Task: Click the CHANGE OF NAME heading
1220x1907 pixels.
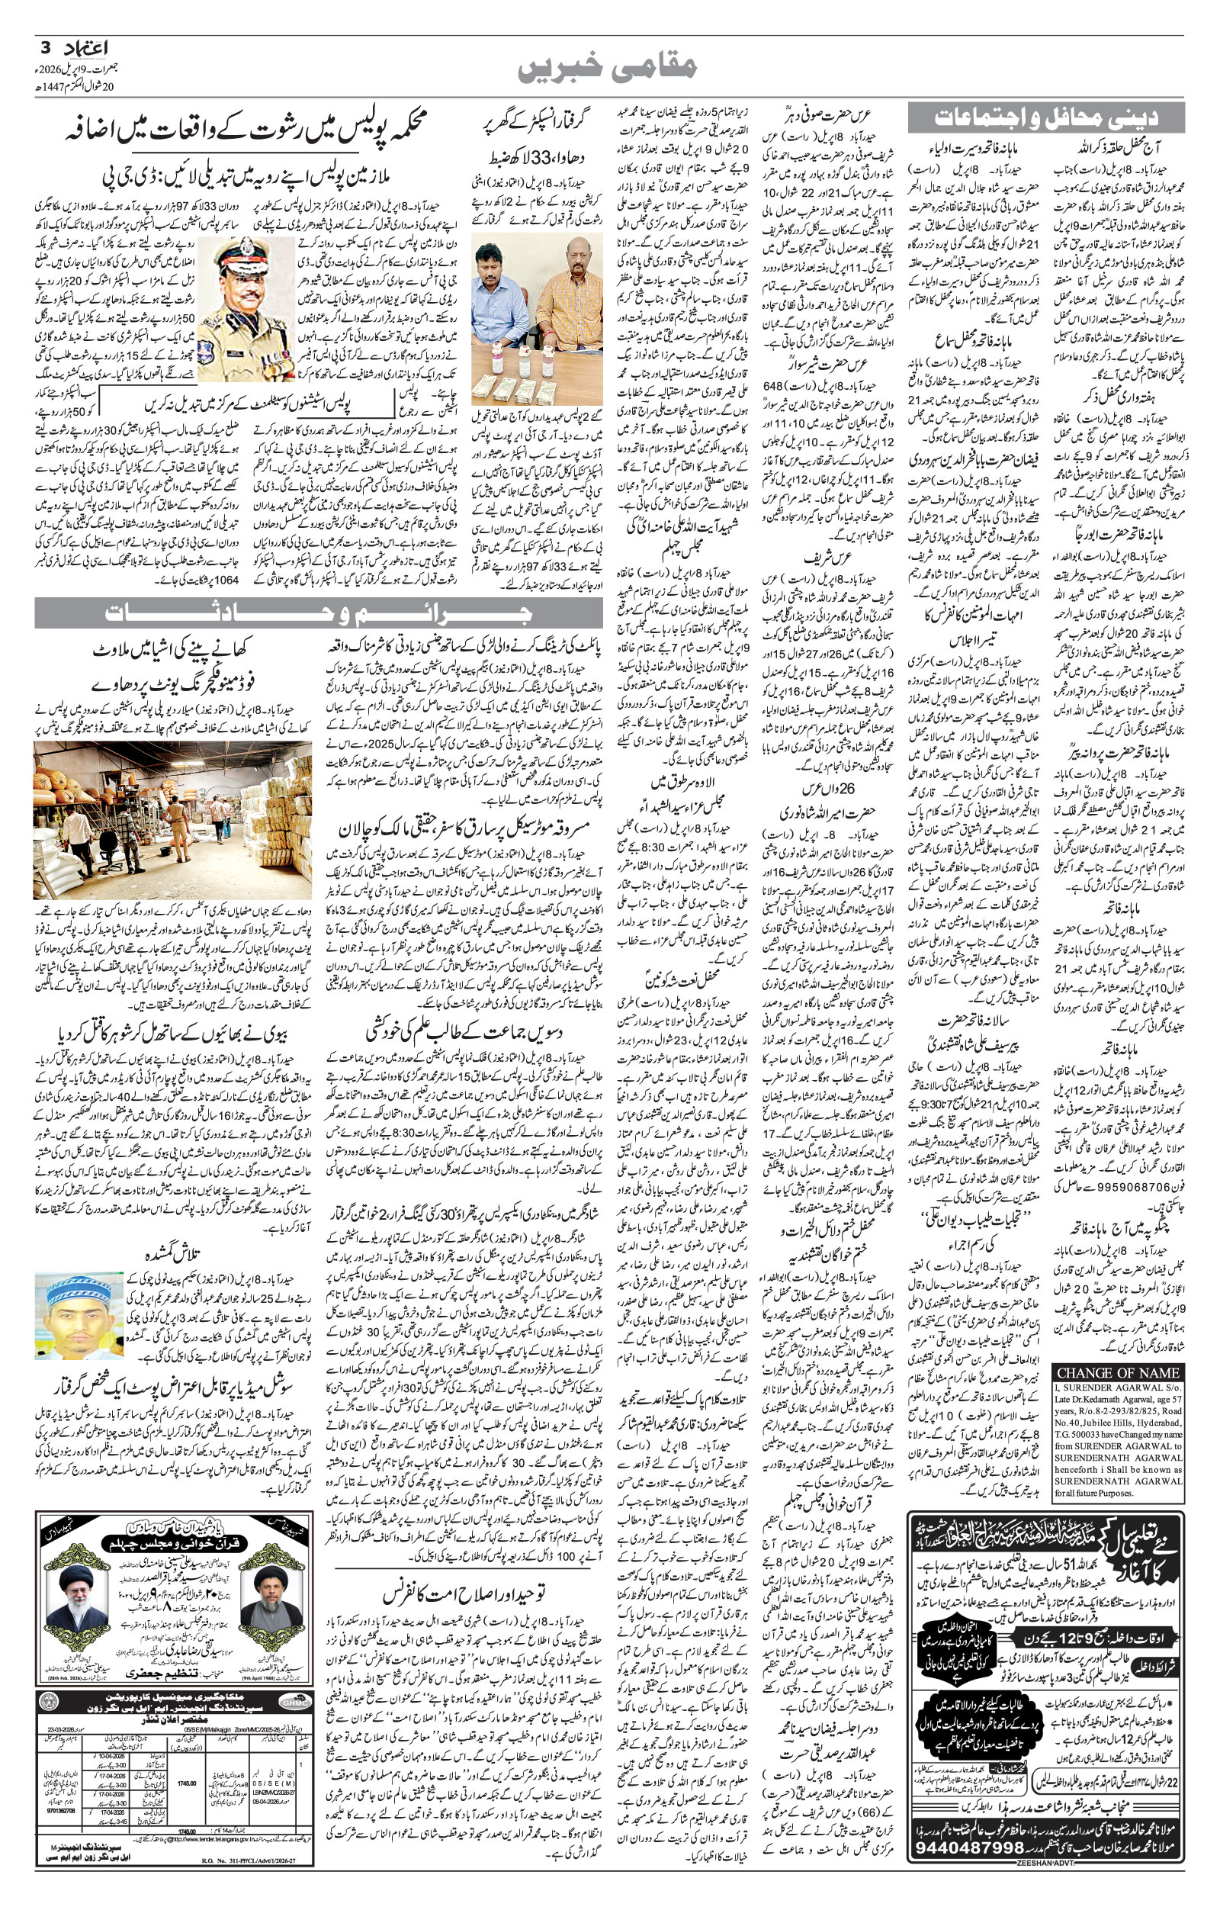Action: coord(1118,1373)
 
